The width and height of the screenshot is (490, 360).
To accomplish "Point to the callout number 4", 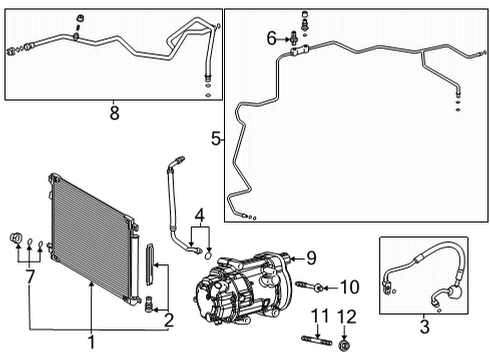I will point(201,213).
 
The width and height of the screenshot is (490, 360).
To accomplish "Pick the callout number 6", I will point(270,38).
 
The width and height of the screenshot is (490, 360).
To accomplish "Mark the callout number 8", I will point(114,113).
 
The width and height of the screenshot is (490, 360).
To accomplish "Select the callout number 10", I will point(349,288).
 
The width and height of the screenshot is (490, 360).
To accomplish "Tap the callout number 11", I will point(319,318).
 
